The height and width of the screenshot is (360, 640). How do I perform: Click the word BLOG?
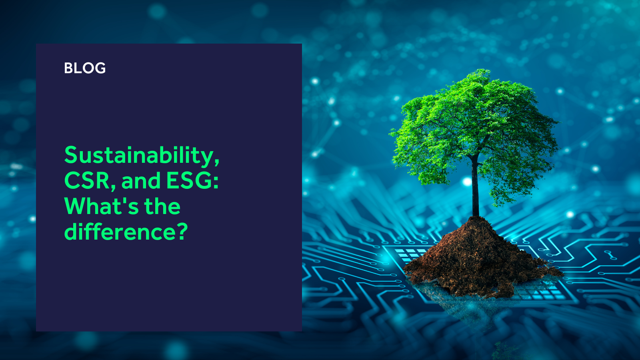point(85,68)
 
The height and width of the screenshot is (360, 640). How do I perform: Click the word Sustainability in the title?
point(138,156)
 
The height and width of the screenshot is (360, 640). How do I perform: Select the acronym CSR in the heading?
point(87,180)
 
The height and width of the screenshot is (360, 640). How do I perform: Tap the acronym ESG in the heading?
point(189,180)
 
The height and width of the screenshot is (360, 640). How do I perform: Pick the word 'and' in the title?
point(141,180)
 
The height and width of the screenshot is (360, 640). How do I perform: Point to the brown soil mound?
point(480,260)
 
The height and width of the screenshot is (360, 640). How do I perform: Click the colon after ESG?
point(216,182)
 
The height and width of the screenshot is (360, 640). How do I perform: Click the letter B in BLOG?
point(68,68)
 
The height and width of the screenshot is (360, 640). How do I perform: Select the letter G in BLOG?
point(100,68)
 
